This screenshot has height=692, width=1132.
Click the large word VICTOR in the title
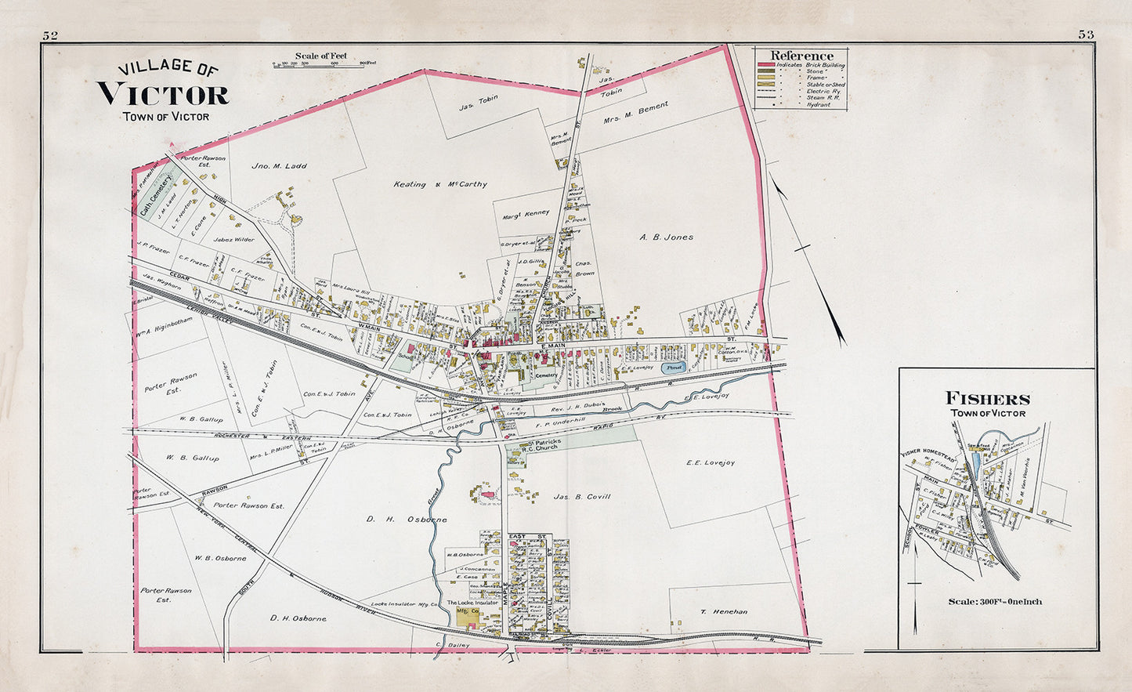pos(163,95)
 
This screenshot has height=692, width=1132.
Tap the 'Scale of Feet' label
pos(320,56)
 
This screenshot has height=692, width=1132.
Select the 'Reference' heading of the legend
pos(801,56)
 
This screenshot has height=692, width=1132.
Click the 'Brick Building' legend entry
pos(819,65)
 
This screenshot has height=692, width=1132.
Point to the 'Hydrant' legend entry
pos(819,104)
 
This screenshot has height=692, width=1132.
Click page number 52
pos(51,34)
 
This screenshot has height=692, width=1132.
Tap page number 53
pos(1086,34)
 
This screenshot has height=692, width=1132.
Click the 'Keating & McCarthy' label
pos(439,185)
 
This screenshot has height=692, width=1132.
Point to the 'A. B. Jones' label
pos(666,237)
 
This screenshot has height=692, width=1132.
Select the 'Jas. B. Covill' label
pos(581,497)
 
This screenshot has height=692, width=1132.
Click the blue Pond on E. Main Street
pos(673,367)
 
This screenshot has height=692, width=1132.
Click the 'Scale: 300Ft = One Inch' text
pos(994,602)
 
